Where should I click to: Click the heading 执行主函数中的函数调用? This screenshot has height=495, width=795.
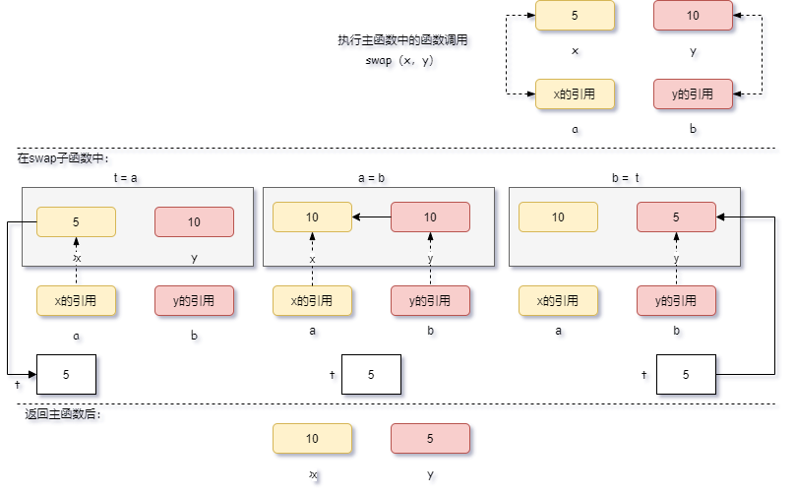401,40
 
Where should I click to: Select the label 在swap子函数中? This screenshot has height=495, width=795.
64,158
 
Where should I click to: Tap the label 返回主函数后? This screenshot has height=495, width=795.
63,414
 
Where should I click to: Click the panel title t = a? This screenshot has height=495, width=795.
125,178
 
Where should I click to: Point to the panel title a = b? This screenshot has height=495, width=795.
371,178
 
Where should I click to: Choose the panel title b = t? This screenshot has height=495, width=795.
626,178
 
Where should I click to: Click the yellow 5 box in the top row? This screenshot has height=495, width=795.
575,16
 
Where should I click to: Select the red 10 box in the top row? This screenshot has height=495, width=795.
693,16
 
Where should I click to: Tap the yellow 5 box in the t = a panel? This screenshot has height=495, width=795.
76,222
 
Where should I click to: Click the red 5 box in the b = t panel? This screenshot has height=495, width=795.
676,217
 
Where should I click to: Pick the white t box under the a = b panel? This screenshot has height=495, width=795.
371,374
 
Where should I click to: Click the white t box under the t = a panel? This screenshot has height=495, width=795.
66,374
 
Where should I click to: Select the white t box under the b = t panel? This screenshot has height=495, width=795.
686,374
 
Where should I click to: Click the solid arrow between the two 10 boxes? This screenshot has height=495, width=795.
371,217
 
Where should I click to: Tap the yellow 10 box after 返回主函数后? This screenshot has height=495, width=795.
312,439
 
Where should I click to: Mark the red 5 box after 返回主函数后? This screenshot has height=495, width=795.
430,439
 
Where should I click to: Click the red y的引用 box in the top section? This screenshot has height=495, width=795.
693,94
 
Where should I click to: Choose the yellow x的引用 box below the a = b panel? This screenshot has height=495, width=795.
312,301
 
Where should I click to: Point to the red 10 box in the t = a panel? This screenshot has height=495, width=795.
194,222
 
